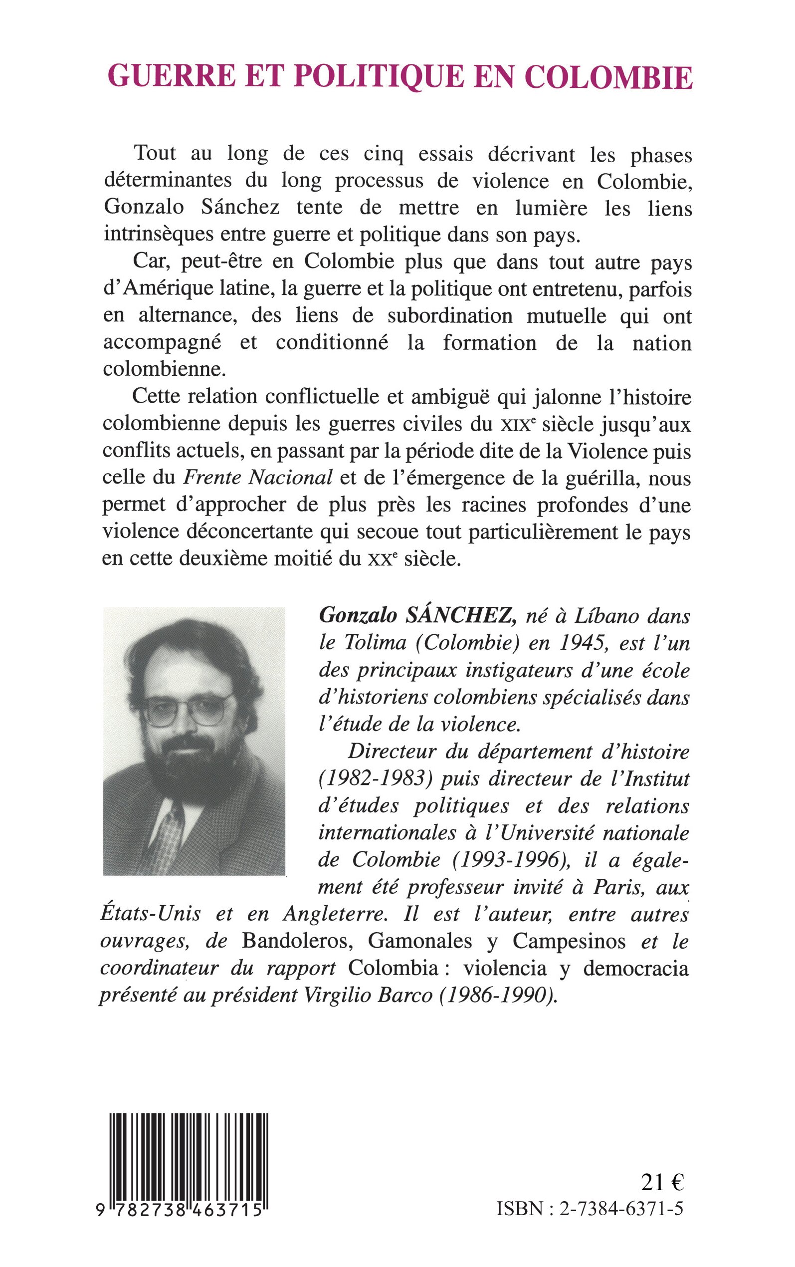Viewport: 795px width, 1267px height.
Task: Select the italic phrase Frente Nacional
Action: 258,478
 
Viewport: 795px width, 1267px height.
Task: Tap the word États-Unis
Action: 151,914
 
